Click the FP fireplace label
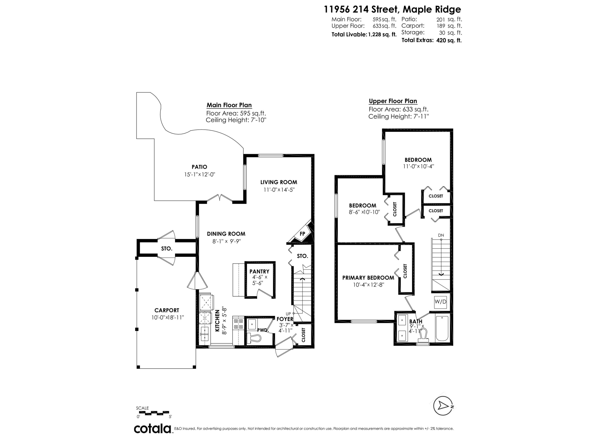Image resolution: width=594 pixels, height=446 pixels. coord(302,234)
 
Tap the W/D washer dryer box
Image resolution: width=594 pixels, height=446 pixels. coord(440,302)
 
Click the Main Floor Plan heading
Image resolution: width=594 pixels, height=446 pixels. coord(229,105)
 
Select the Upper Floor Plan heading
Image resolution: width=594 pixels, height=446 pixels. coord(393,101)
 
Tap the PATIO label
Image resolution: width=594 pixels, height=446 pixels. coord(199,167)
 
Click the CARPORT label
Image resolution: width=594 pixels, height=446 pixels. coord(167,310)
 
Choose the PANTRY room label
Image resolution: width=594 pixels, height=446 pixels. coord(259,272)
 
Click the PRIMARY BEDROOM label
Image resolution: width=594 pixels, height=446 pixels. coord(368,278)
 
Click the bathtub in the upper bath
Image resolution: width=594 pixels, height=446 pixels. coord(442,328)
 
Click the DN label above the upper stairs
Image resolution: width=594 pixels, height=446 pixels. coord(441,235)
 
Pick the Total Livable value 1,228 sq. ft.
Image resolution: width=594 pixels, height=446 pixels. coord(382,34)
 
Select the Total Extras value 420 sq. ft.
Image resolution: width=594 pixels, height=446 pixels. coord(449,40)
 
